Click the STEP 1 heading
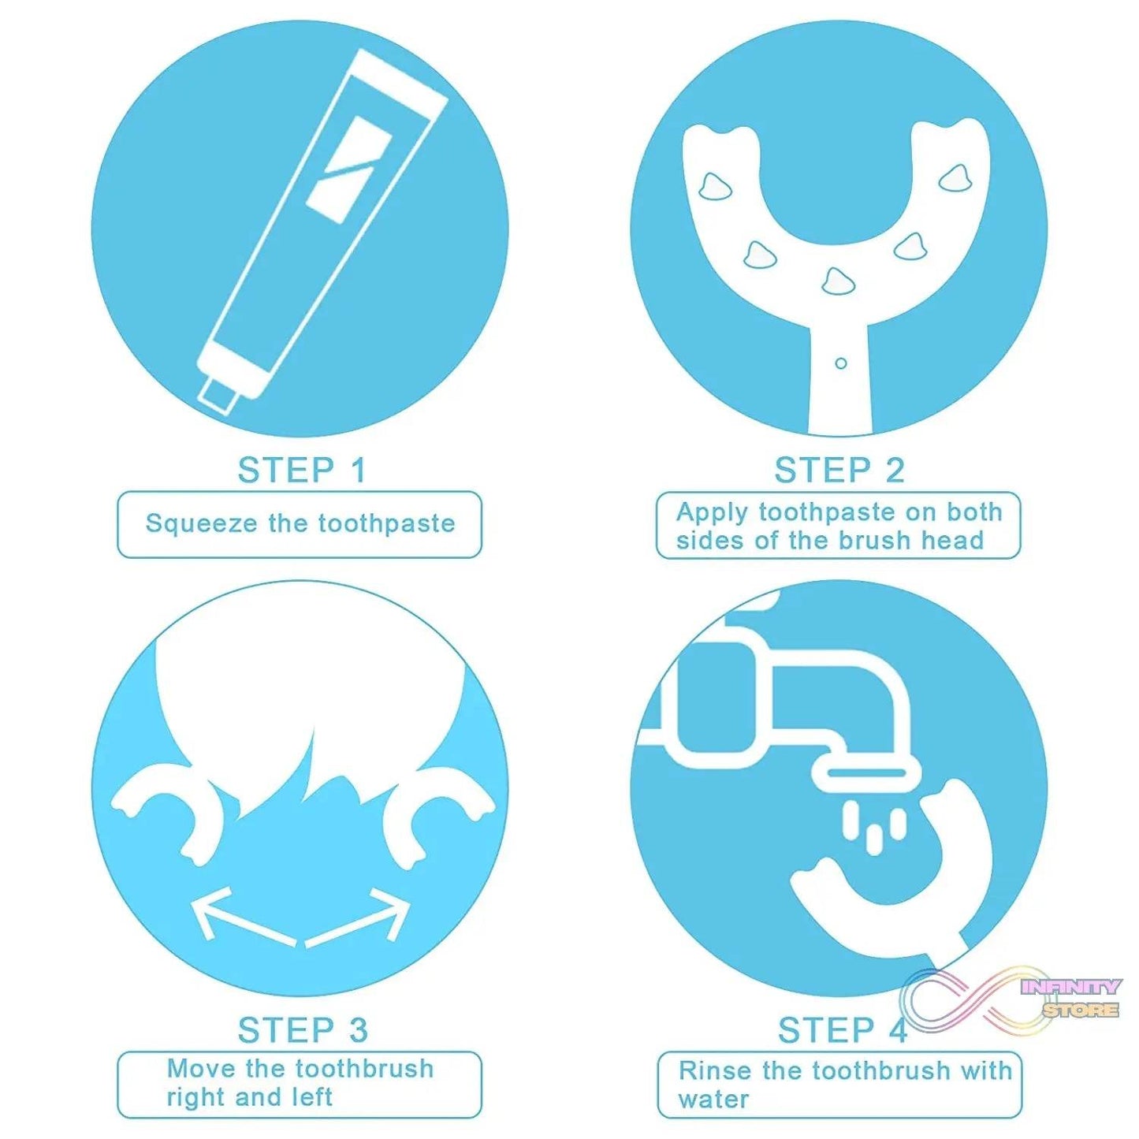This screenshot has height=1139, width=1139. coord(303,471)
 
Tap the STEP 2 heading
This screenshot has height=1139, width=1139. coord(839,471)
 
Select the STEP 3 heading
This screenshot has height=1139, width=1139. coord(303,1030)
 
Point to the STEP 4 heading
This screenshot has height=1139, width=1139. coord(842,1030)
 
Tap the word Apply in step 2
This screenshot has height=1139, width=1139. coord(712,513)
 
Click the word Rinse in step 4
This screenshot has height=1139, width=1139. coord(715,1070)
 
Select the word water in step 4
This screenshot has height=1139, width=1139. coord(713,1100)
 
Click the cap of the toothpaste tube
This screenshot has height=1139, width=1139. coord(218,394)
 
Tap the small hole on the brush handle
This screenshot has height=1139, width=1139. coord(840,363)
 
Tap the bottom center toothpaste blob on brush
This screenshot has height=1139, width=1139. coord(837,281)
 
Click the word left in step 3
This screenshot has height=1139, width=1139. coord(310,1097)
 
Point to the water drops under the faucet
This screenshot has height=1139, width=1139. coord(873,828)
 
